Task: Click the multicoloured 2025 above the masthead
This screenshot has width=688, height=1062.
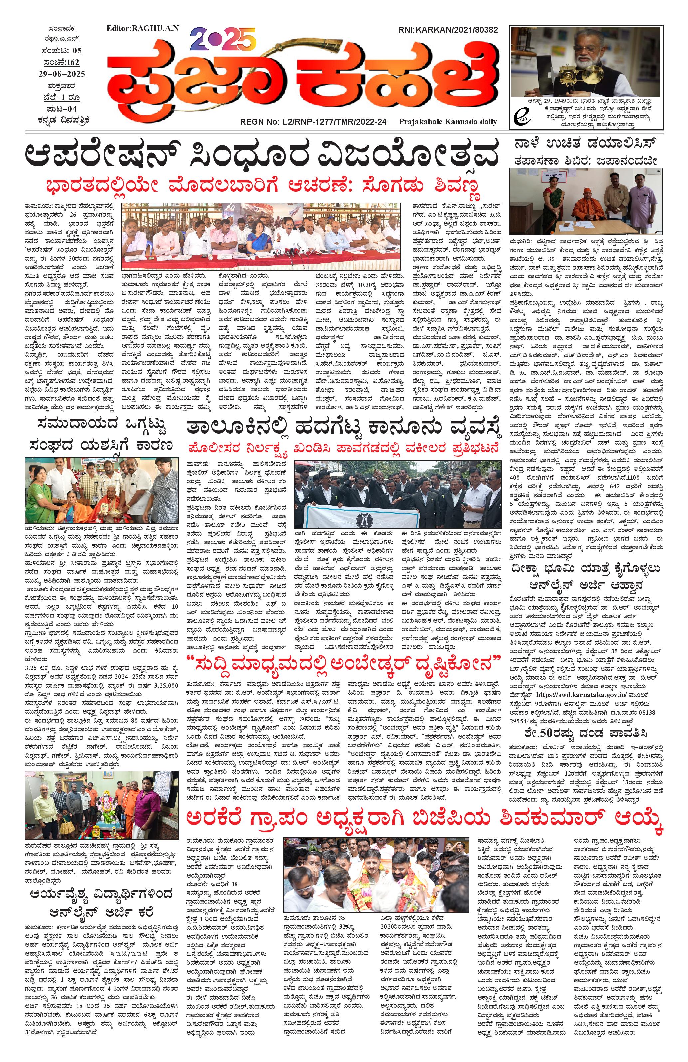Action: tap(223, 39)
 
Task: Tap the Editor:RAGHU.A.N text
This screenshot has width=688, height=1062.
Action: tap(142, 28)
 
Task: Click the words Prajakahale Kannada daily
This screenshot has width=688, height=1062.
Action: tap(448, 121)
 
